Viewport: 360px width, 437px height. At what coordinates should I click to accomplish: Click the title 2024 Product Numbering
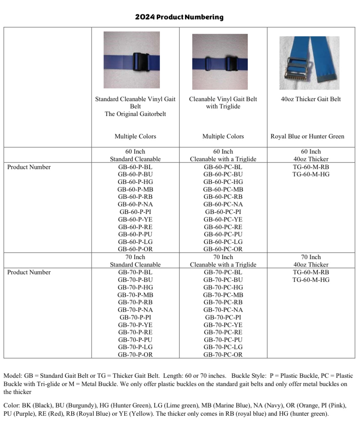tap(179, 17)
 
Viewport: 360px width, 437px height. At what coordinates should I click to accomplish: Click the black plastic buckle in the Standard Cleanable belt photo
tap(141, 62)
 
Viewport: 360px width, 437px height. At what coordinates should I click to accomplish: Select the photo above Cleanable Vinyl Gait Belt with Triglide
tap(220, 62)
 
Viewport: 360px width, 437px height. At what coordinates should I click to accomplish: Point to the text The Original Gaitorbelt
tap(135, 114)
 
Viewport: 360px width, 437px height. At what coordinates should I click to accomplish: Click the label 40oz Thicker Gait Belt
tap(311, 99)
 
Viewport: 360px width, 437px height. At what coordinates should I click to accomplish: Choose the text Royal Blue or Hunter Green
tap(307, 136)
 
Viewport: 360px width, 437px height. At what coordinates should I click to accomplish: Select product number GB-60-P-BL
tap(135, 167)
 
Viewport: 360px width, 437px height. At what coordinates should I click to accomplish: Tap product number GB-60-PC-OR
tap(223, 249)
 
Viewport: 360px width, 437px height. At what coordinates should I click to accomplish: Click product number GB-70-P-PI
tap(135, 317)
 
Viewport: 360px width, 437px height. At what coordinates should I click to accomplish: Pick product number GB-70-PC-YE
tap(223, 325)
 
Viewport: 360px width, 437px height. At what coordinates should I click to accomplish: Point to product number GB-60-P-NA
tap(135, 204)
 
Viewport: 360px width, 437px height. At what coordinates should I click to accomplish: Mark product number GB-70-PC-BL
tap(223, 272)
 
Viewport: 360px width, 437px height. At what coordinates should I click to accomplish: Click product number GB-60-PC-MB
tap(223, 189)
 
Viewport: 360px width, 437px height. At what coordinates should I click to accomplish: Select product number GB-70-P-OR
tap(135, 355)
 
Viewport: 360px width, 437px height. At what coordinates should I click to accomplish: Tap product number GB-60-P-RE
tap(135, 227)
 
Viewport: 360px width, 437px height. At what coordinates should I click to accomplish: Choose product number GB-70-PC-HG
tap(223, 287)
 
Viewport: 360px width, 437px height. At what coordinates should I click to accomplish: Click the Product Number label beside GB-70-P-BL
tap(29, 272)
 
